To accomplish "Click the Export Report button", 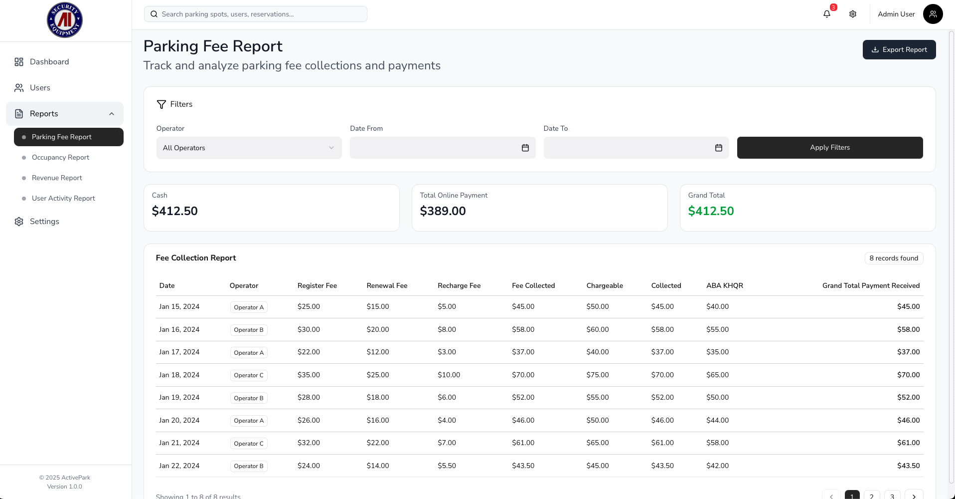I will pos(899,49).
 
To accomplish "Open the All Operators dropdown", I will pos(249,148).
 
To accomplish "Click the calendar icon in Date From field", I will pos(525,148).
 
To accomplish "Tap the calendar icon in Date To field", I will pos(718,148).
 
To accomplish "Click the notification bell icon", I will pos(827,14).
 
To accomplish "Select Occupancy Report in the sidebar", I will pos(60,157).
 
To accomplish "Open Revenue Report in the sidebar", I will pos(57,178).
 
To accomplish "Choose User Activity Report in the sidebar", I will pos(63,198).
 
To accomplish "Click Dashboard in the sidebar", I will pos(49,62).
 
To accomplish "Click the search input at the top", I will pos(255,14).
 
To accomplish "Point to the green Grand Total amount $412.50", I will pos(711,211).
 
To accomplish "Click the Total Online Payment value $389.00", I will pos(443,211).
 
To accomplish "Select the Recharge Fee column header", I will pos(459,285).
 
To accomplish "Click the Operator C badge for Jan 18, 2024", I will pos(249,375).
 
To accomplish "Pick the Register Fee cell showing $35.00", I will pos(309,375).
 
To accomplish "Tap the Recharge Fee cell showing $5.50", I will pos(447,466).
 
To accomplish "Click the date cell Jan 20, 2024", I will pos(179,420).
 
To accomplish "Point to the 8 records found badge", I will pos(893,258).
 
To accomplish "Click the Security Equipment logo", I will pos(65,20).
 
